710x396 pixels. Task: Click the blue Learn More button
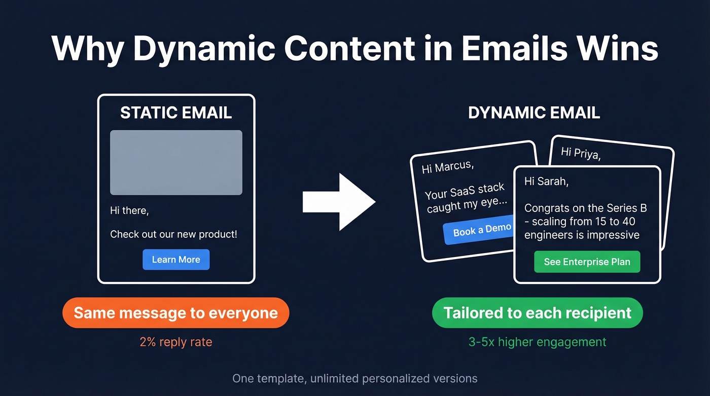point(175,260)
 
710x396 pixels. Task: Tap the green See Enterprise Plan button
point(587,262)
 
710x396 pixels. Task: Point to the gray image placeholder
point(176,162)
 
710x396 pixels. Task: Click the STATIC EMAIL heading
point(176,113)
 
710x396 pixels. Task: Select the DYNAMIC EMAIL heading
point(534,113)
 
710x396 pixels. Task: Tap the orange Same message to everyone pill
point(175,312)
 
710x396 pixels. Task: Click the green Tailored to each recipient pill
point(537,312)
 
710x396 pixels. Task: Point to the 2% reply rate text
point(175,342)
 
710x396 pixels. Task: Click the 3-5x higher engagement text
point(537,342)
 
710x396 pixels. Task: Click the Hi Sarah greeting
point(546,182)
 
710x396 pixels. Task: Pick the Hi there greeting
point(129,210)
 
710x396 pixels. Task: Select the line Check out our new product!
point(173,234)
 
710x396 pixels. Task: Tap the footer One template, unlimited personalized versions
point(354,378)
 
